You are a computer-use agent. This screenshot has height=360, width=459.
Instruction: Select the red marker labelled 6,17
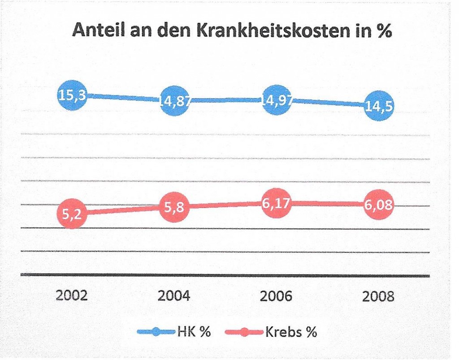point(277,204)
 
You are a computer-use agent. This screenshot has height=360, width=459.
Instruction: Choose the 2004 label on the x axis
point(174,296)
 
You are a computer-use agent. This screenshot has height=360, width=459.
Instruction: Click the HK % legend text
point(194,332)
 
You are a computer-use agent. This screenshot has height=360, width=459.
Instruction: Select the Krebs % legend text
point(291,332)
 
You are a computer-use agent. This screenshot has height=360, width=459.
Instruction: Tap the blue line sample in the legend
point(156,332)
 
